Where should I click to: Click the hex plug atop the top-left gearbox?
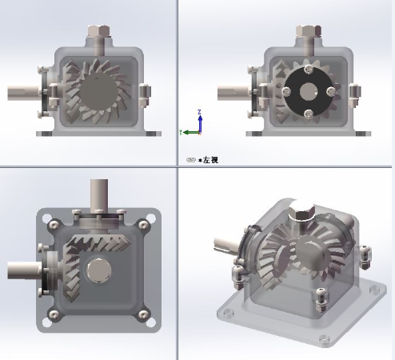(97, 34)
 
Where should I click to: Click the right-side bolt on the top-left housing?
(145, 94)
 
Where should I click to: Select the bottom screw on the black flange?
(307, 113)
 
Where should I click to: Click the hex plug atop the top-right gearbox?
(307, 34)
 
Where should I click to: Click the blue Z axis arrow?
(200, 119)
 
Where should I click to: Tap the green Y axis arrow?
(187, 131)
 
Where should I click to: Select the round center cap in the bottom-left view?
(98, 270)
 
